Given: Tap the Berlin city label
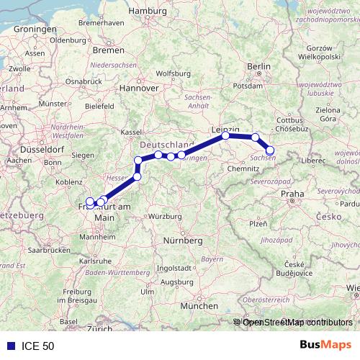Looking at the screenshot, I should tap(258, 66).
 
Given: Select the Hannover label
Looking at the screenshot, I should tap(139, 88).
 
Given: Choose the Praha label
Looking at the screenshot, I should tap(293, 194).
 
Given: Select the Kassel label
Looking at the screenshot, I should tap(132, 132).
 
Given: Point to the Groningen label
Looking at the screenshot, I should tap(34, 29).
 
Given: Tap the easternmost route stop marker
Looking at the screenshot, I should tap(271, 150).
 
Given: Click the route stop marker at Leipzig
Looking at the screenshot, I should tap(226, 135).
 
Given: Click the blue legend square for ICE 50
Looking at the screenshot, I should tap(9, 346).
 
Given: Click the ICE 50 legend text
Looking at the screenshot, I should tap(37, 346).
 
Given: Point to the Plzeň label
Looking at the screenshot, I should tap(257, 224).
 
